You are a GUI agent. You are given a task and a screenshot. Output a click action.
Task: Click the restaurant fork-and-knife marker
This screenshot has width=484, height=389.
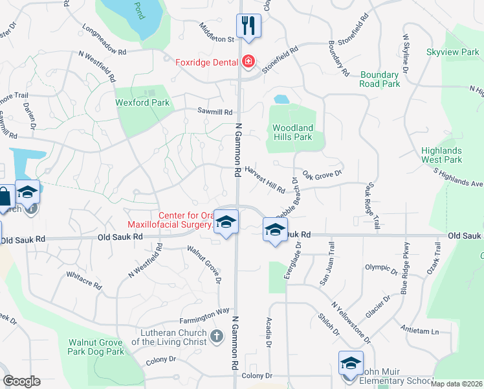point(248,27)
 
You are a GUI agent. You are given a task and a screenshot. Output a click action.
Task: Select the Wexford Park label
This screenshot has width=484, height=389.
point(142,102)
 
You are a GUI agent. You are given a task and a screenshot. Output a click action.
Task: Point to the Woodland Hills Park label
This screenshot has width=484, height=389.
point(292,132)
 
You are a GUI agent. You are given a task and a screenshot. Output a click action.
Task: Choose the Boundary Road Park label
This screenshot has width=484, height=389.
point(380,79)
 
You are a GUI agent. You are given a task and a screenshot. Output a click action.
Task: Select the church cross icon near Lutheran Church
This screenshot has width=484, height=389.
point(217,336)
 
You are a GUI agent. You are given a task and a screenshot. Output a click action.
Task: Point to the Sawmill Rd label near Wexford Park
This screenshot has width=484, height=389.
point(215,112)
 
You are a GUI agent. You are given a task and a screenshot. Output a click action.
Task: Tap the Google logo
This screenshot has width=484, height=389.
point(21,381)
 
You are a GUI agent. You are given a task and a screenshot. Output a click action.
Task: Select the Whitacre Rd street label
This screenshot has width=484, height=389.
point(84,281)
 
